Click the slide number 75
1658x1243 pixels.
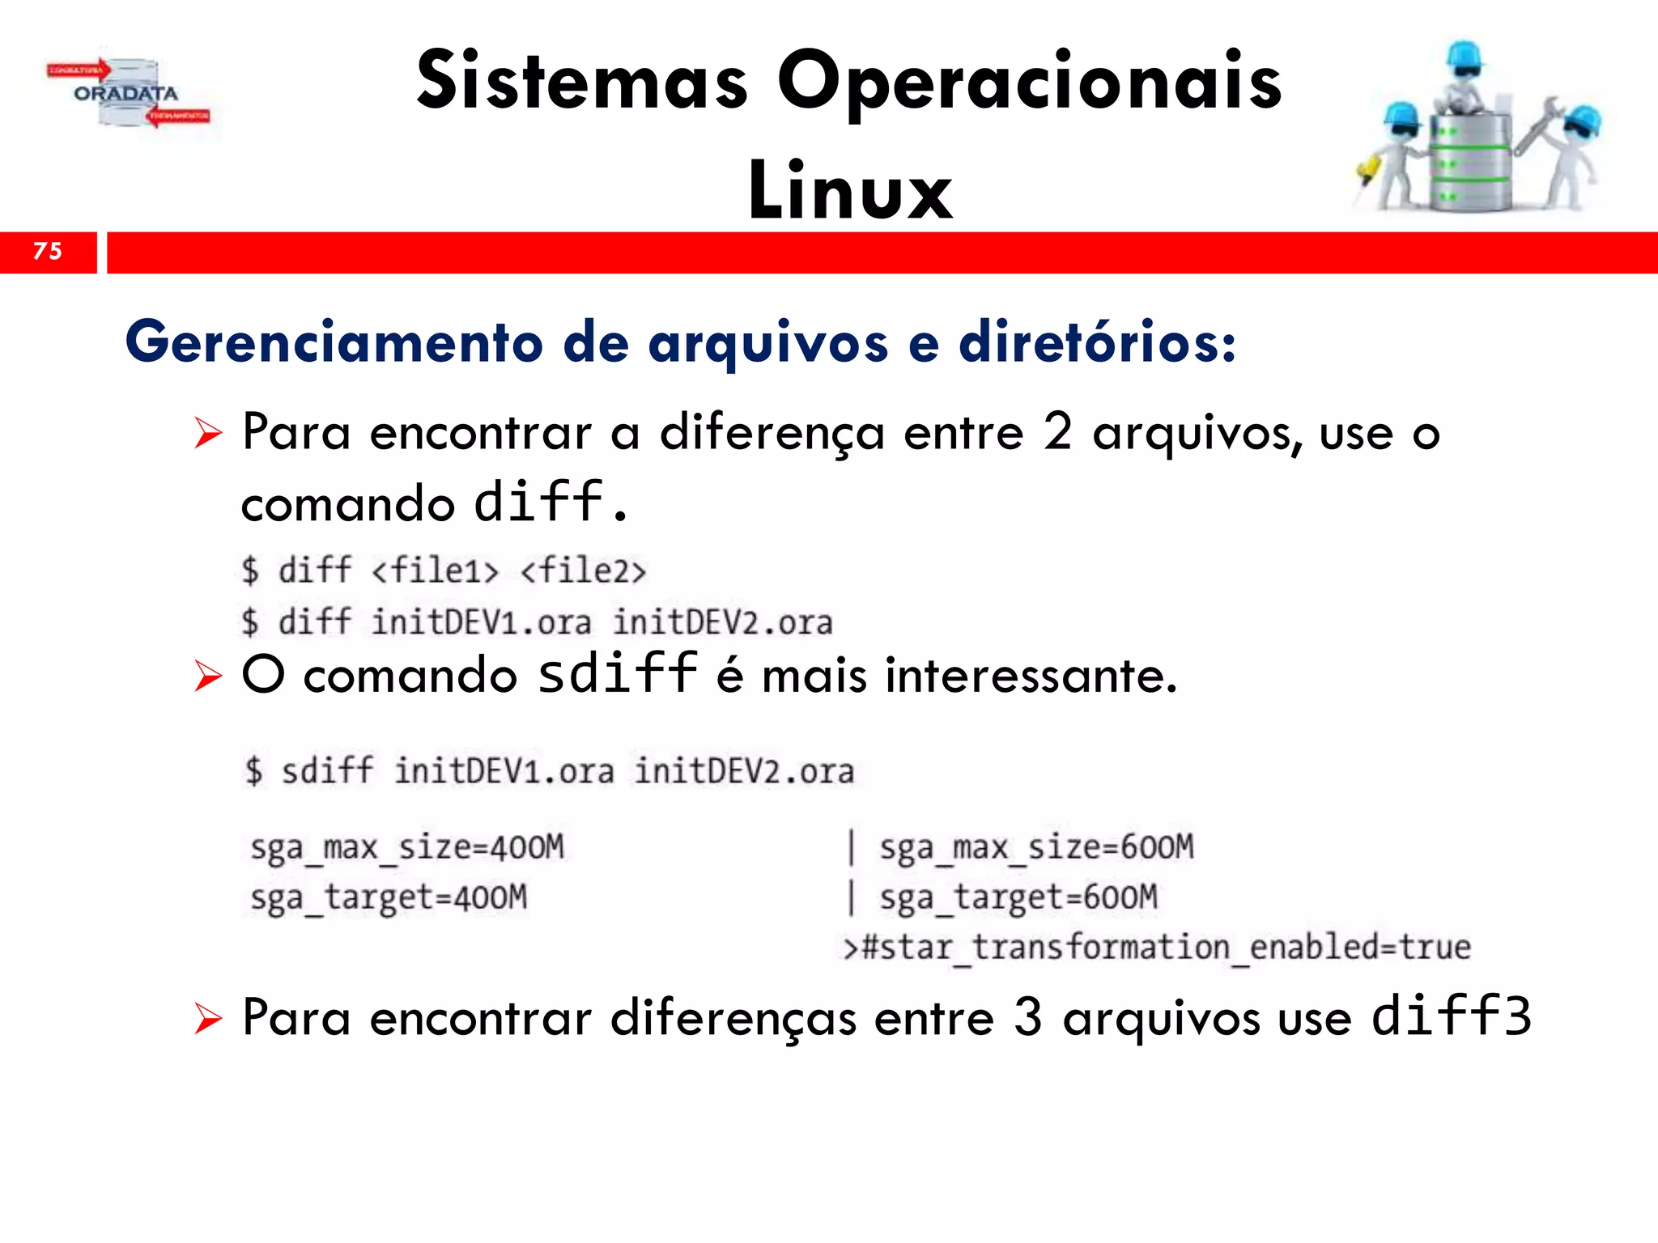click(x=48, y=251)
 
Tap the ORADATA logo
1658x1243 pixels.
click(x=127, y=94)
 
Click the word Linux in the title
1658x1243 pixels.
click(x=850, y=191)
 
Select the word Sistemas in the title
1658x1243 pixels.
click(x=582, y=81)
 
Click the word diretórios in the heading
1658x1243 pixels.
click(x=1097, y=342)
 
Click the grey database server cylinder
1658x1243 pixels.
click(x=1469, y=162)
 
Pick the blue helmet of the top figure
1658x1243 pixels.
click(x=1464, y=55)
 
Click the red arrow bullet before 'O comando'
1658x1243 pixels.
click(x=208, y=676)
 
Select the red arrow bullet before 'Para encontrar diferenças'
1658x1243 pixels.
click(x=208, y=1019)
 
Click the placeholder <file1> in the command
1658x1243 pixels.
click(x=435, y=571)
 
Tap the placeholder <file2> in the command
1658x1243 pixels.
click(x=583, y=571)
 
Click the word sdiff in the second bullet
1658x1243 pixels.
click(x=617, y=673)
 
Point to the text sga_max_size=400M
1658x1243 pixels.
click(x=407, y=847)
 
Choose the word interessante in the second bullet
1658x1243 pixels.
click(x=1030, y=676)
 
